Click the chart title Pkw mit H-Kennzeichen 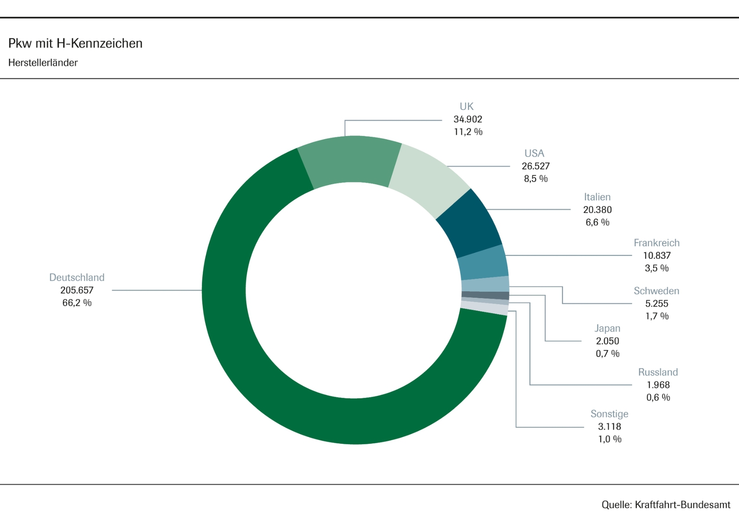(75, 43)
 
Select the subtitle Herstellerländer (43, 63)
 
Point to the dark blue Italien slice (469, 222)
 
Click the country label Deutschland (77, 278)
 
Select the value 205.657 (77, 290)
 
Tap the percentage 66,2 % (77, 303)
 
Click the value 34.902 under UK (467, 119)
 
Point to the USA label (534, 153)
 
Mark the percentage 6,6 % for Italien (597, 222)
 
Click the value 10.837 (657, 255)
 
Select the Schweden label (656, 291)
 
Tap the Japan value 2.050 (607, 341)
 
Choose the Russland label (658, 372)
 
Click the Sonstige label (609, 414)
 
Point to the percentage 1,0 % (610, 439)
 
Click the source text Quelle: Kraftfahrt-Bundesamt (666, 504)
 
